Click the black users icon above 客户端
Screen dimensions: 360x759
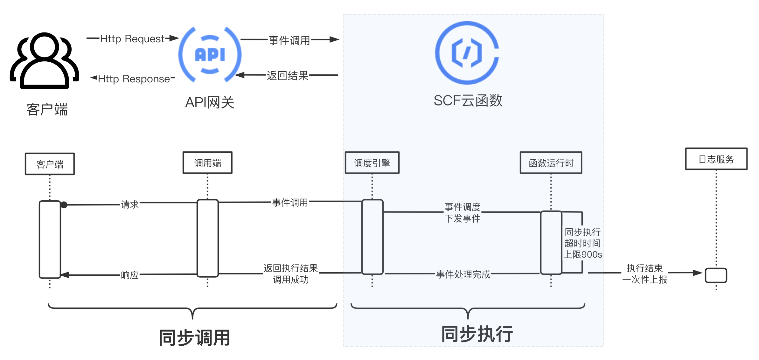(x=45, y=60)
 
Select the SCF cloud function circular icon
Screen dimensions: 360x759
(x=467, y=53)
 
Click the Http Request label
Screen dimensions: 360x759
(x=132, y=39)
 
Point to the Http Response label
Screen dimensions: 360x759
(x=134, y=79)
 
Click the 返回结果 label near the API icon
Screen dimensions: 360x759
(x=288, y=75)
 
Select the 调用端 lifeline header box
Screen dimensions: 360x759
(x=207, y=163)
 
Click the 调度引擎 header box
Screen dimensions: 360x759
(x=372, y=163)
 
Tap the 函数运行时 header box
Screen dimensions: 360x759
(x=551, y=163)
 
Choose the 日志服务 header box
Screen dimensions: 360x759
(x=716, y=159)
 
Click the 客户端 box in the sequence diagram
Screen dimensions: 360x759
(x=50, y=164)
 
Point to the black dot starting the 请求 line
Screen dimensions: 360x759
(x=64, y=205)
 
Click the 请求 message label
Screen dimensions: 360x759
(x=130, y=204)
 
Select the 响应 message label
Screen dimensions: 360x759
(x=130, y=275)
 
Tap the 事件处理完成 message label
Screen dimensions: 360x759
(x=463, y=274)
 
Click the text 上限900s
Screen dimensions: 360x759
(x=583, y=254)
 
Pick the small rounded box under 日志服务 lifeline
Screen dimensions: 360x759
(x=716, y=275)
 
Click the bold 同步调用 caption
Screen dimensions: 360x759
(x=194, y=338)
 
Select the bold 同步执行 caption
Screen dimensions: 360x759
(x=477, y=334)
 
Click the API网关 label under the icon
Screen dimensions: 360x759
(x=210, y=102)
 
